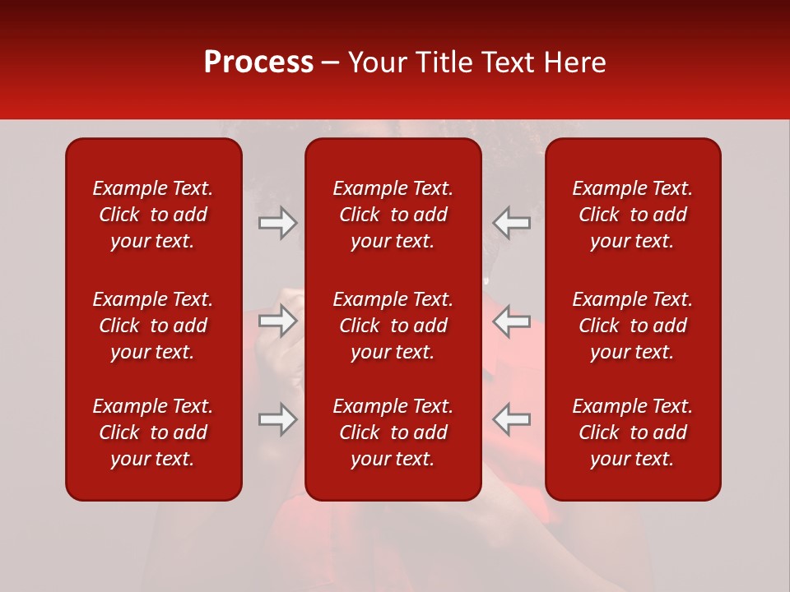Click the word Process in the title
(258, 62)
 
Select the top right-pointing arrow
(277, 223)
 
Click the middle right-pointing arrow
(277, 321)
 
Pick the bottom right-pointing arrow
(277, 419)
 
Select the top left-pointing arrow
(511, 223)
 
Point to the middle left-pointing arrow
(511, 321)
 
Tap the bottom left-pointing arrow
(511, 419)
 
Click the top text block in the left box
(153, 215)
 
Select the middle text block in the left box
(153, 326)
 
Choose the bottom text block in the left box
(153, 432)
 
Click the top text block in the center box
(393, 215)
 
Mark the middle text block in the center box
(393, 326)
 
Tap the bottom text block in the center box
(393, 432)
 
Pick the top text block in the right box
(633, 215)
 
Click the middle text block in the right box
(633, 326)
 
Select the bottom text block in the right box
(633, 432)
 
